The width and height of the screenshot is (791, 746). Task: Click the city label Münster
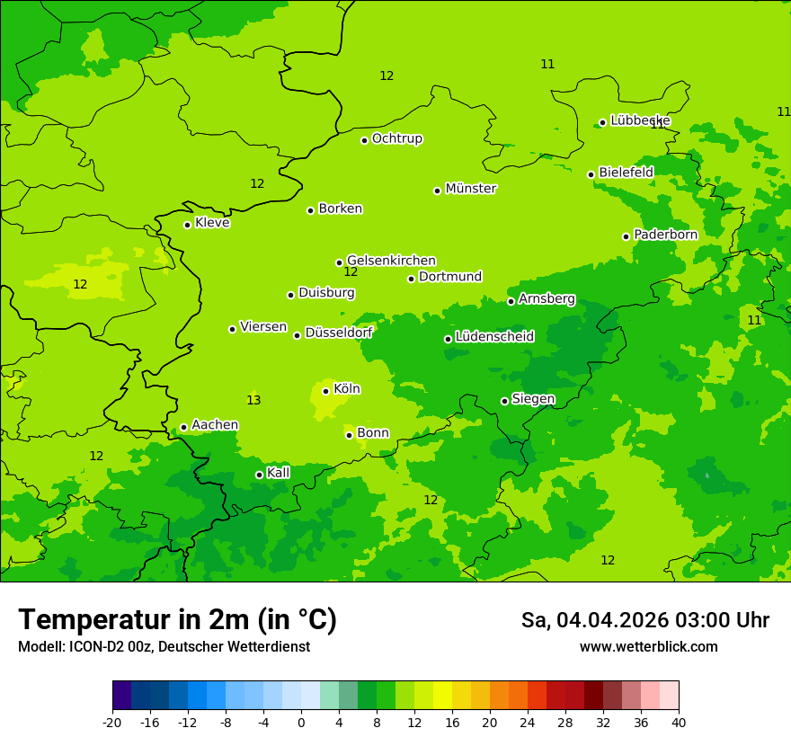pyautogui.click(x=470, y=189)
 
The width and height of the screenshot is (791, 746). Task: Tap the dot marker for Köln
pyautogui.click(x=326, y=391)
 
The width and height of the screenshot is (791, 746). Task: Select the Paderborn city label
pyautogui.click(x=665, y=235)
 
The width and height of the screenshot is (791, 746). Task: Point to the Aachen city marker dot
pyautogui.click(x=184, y=428)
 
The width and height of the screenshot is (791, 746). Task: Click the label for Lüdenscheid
pyautogui.click(x=494, y=337)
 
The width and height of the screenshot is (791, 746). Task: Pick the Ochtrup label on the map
pyautogui.click(x=396, y=138)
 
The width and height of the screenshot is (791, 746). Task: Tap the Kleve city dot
pyautogui.click(x=188, y=225)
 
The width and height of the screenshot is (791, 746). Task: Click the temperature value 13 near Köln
pyautogui.click(x=253, y=400)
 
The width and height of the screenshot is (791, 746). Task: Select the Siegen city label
pyautogui.click(x=533, y=399)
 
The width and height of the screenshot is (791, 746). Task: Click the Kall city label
pyautogui.click(x=278, y=473)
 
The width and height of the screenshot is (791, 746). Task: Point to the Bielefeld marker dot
pyautogui.click(x=591, y=174)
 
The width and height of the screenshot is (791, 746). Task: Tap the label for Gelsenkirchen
pyautogui.click(x=391, y=261)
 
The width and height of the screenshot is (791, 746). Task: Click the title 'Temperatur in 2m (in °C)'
pyautogui.click(x=177, y=619)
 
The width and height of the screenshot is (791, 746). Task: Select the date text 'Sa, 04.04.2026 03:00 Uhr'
pyautogui.click(x=644, y=620)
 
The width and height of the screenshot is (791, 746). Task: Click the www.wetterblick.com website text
pyautogui.click(x=648, y=647)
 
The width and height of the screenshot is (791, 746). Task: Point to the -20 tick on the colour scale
pyautogui.click(x=112, y=722)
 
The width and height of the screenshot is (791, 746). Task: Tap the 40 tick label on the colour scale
pyautogui.click(x=679, y=722)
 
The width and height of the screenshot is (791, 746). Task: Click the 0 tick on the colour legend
pyautogui.click(x=301, y=722)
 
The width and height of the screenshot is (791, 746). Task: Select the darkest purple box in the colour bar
pyautogui.click(x=121, y=696)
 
